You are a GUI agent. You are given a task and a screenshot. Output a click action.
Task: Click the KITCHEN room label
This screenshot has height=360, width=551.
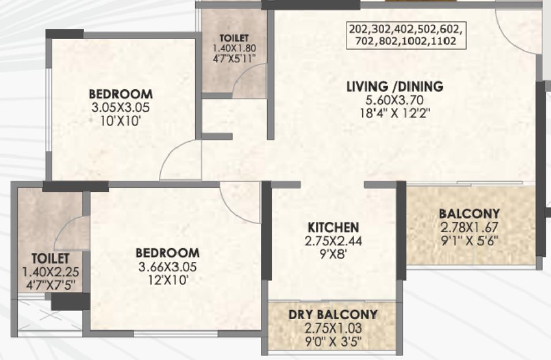click(x=333, y=228)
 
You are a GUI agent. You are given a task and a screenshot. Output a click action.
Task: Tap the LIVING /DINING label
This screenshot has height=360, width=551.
click(x=394, y=86)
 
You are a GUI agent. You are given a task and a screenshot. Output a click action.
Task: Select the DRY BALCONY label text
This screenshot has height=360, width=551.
click(x=333, y=314)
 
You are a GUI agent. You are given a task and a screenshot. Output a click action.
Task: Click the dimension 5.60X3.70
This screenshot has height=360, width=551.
click(x=394, y=100)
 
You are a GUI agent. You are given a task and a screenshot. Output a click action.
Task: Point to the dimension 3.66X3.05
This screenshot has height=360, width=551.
click(x=168, y=267)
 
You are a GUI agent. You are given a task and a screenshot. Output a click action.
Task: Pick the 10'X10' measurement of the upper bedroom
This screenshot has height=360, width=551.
click(x=120, y=122)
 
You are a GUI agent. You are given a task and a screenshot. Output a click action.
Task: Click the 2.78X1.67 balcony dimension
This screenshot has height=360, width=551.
click(x=469, y=228)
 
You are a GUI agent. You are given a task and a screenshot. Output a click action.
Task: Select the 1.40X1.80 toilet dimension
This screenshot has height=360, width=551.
click(x=234, y=48)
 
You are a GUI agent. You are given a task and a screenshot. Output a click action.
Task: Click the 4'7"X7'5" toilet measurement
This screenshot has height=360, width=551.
click(x=51, y=285)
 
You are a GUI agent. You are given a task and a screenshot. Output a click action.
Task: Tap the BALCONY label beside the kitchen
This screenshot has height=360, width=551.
click(x=469, y=213)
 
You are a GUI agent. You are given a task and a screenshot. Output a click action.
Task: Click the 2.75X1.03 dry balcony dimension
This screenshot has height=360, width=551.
click(x=333, y=328)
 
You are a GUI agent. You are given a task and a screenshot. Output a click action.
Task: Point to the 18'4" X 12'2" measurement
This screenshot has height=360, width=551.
click(x=394, y=113)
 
